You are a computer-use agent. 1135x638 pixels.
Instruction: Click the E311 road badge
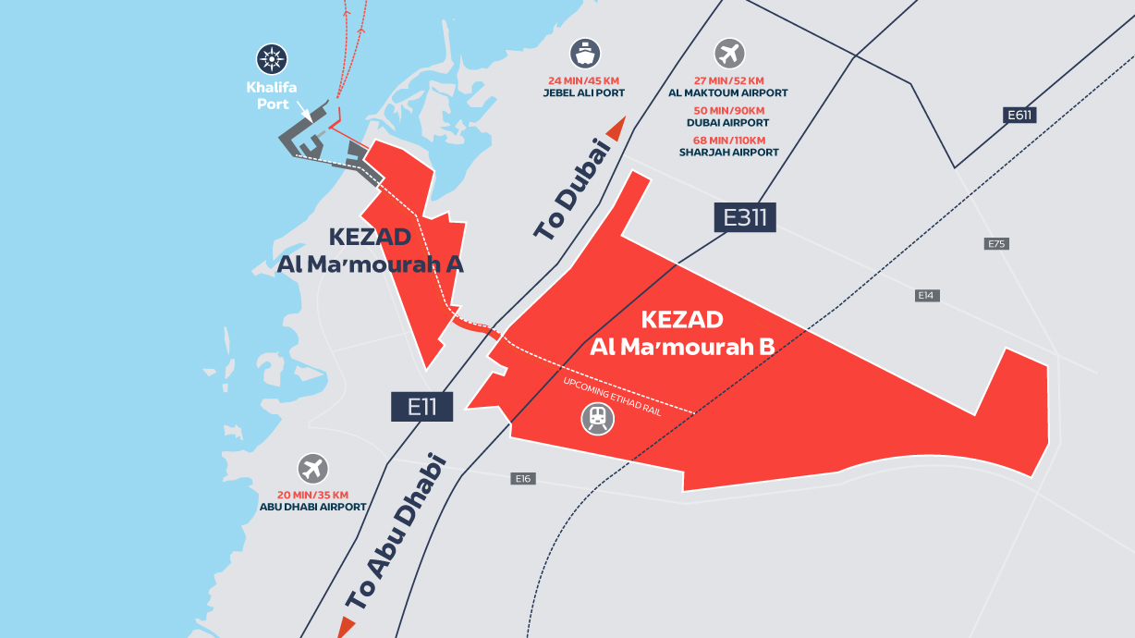[x=745, y=217]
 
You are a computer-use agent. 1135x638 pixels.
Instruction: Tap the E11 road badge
[x=421, y=407]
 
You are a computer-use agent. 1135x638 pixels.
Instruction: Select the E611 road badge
[x=1019, y=116]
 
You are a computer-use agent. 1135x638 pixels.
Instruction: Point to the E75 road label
[x=995, y=244]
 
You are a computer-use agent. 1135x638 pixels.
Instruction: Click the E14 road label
[x=927, y=295]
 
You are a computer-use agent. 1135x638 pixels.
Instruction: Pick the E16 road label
[x=524, y=479]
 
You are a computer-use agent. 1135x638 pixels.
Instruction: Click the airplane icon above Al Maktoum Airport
[x=728, y=53]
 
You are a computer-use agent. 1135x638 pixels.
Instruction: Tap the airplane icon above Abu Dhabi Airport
[x=313, y=468]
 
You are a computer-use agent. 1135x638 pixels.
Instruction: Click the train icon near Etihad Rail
[x=597, y=419]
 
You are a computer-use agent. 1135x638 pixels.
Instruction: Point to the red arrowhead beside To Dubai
[x=616, y=129]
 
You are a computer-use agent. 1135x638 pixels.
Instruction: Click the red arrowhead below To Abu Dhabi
[x=346, y=626]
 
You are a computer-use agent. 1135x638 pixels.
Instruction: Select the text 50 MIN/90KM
[x=728, y=110]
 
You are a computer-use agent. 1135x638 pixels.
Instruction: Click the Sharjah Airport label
[x=728, y=153]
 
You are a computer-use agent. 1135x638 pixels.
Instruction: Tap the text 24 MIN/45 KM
[x=584, y=80]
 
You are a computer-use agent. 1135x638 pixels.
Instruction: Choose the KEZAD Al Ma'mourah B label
[x=682, y=334]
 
